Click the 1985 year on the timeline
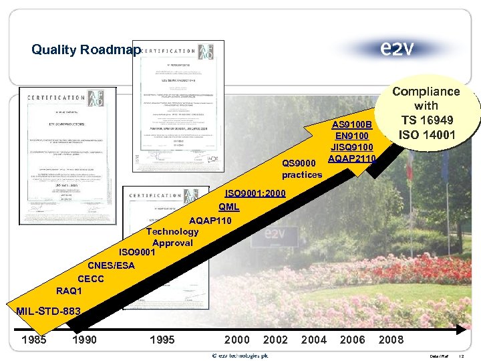click(x=34, y=340)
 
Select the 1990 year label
click(x=84, y=340)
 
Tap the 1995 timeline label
click(x=162, y=340)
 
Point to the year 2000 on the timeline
click(x=237, y=340)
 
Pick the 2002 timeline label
click(x=276, y=340)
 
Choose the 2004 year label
click(x=314, y=340)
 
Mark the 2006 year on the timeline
click(x=353, y=340)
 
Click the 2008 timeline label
click(x=391, y=340)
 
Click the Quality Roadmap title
click(x=86, y=49)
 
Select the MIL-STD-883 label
click(x=48, y=311)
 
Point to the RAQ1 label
click(x=69, y=291)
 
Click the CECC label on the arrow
click(x=91, y=278)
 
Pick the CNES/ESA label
click(x=111, y=265)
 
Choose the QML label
click(x=228, y=207)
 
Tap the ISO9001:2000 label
click(x=255, y=193)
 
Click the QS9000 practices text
click(x=302, y=168)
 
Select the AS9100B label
click(x=352, y=124)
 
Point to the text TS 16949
click(x=426, y=120)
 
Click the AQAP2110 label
click(x=352, y=158)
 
